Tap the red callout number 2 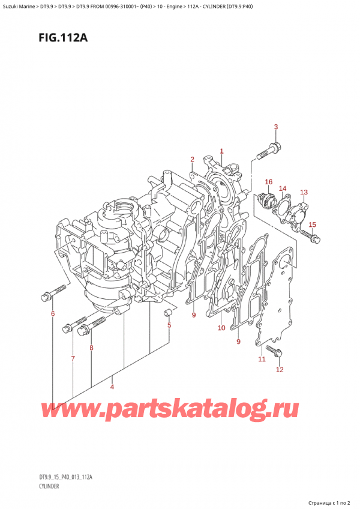[x=193, y=159]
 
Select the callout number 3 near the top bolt [x=276, y=127]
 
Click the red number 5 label [x=169, y=325]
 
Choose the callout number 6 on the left [x=52, y=314]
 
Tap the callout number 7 [x=73, y=358]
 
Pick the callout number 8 [x=91, y=348]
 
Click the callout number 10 [x=221, y=328]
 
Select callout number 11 [x=261, y=359]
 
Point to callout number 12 [x=279, y=369]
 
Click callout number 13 [x=304, y=192]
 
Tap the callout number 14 [x=283, y=188]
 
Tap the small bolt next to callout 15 [x=313, y=237]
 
